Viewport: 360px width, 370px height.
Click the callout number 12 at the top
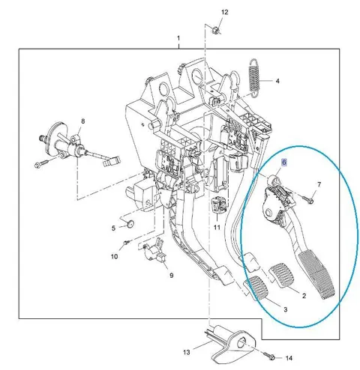[225, 12]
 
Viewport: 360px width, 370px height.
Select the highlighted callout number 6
[284, 163]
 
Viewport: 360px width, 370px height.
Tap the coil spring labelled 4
[254, 77]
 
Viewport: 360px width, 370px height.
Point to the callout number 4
[277, 81]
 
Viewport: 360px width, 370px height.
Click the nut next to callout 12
[215, 31]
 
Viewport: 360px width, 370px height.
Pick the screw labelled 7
[308, 199]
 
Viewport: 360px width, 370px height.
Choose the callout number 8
[83, 121]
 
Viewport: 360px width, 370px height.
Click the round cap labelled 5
[130, 224]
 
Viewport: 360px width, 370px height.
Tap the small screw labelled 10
[127, 242]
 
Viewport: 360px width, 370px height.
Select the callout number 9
[171, 276]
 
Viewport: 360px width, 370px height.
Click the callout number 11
[217, 228]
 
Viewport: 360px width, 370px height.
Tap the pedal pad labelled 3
[256, 288]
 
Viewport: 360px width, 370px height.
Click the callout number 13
[187, 352]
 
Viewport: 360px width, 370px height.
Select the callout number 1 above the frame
[178, 38]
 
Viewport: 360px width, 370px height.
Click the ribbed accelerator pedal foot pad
[316, 276]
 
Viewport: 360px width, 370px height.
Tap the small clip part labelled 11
[218, 205]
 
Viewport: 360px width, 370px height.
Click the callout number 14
[289, 358]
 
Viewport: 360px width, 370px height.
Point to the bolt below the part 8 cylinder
[41, 164]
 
